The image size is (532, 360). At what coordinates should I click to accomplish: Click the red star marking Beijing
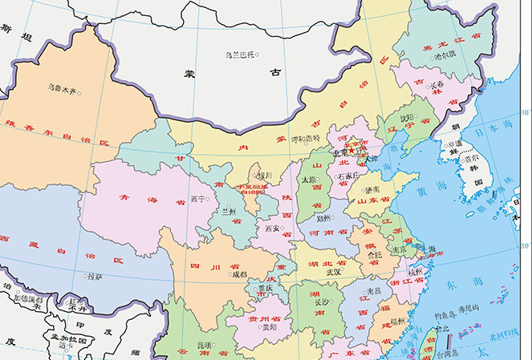click(x=351, y=150)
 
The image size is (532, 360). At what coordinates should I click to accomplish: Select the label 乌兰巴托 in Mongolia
click(x=238, y=55)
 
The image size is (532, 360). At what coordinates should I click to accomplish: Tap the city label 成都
click(x=240, y=274)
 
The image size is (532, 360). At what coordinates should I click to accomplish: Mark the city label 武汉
click(x=333, y=272)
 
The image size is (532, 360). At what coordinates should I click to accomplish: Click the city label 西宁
click(x=200, y=199)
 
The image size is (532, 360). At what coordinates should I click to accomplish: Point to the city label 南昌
click(x=374, y=291)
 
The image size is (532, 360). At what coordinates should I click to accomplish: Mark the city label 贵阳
click(x=268, y=327)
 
